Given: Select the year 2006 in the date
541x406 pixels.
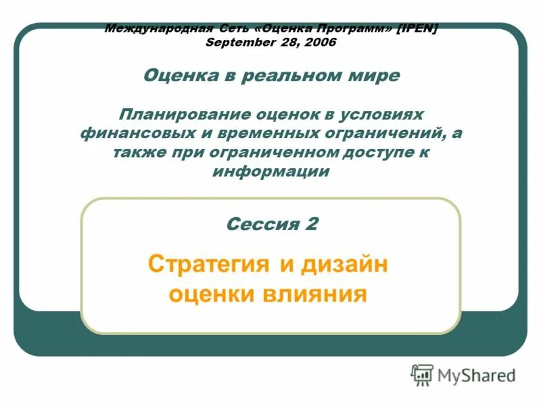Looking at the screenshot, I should click(x=318, y=42).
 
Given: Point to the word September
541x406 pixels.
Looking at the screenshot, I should click(x=237, y=42).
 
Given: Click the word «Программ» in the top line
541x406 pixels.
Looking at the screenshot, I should click(x=352, y=29).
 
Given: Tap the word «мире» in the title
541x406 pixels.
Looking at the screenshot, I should click(x=377, y=75).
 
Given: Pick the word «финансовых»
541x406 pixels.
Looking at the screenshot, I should click(x=130, y=133).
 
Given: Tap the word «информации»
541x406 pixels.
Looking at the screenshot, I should click(x=271, y=171).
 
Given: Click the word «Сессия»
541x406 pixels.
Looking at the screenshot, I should click(x=259, y=224).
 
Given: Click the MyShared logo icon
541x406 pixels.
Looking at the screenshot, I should click(x=422, y=375).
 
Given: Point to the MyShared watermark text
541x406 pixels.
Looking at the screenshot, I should click(x=476, y=375).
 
